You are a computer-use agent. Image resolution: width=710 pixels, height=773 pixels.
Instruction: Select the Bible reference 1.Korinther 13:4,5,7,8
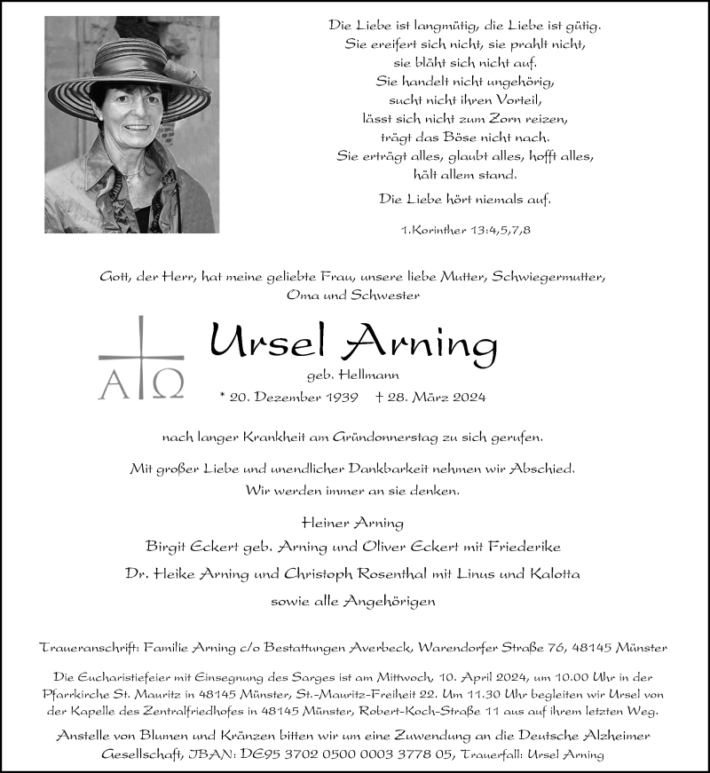coord(466,231)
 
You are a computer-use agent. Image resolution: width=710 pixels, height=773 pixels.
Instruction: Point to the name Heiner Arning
coord(353,523)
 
